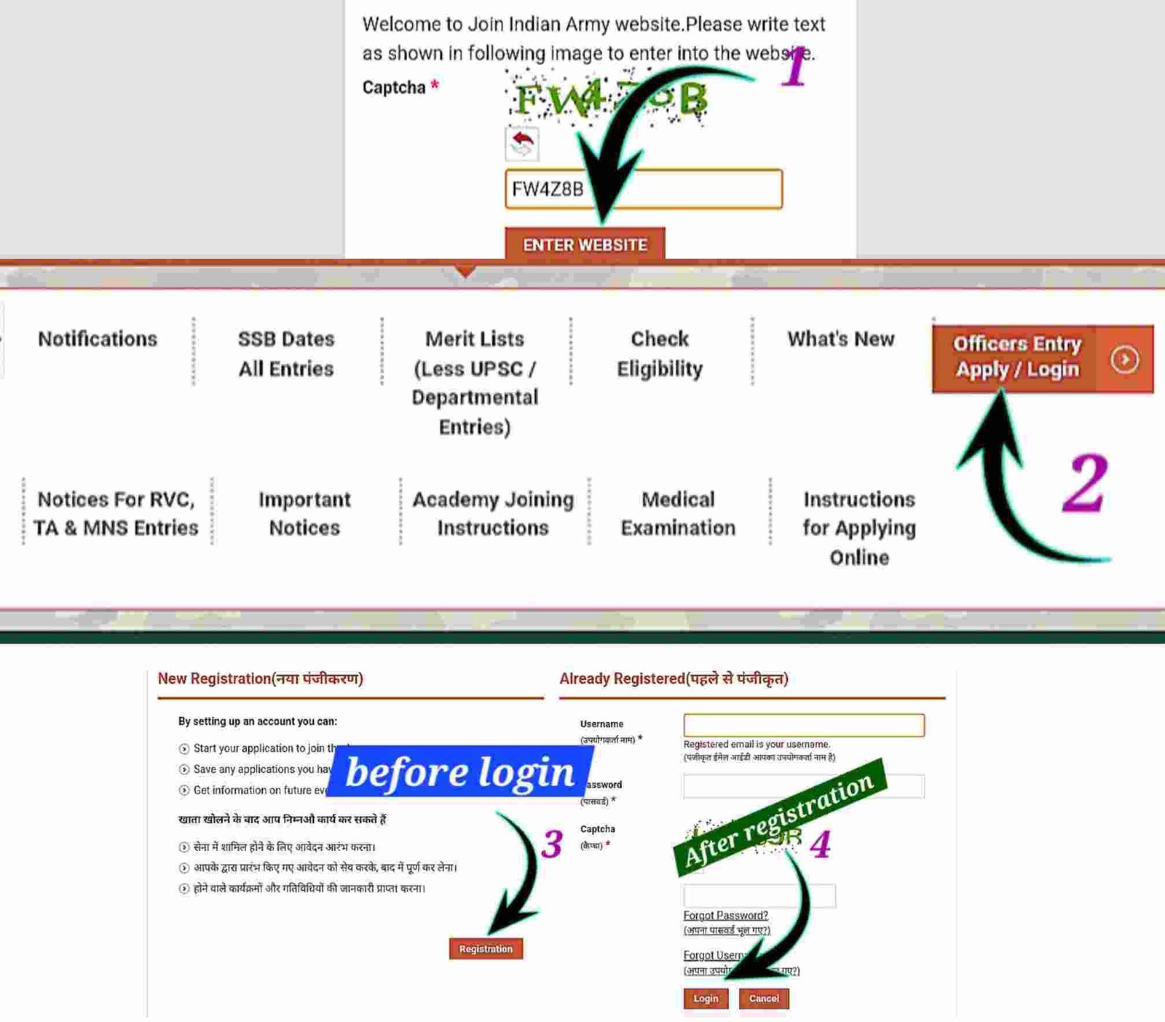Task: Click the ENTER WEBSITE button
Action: (585, 245)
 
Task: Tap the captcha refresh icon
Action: (522, 143)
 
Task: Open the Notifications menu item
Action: (98, 339)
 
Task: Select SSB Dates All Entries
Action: (286, 354)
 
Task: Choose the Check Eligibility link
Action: (660, 354)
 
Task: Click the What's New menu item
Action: (841, 339)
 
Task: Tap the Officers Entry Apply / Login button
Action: (1042, 359)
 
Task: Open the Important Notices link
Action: (304, 513)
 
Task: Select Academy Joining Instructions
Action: (493, 513)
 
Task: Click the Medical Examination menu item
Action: (678, 513)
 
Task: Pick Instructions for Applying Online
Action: (859, 528)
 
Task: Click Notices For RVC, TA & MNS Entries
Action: (116, 513)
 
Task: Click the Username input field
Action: (803, 725)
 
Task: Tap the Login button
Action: (705, 999)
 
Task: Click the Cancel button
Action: (764, 999)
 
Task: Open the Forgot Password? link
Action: (726, 915)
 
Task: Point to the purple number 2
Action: (1084, 483)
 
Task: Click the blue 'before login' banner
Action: (460, 772)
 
